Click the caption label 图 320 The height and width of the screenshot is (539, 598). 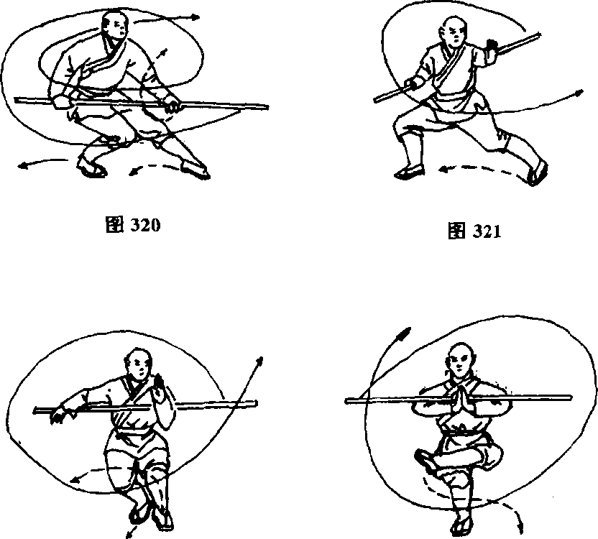pos(132,224)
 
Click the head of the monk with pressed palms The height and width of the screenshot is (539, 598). pos(458,359)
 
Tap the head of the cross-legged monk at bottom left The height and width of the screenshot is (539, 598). pos(139,364)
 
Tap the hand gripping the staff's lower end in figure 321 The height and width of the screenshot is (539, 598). pos(414,83)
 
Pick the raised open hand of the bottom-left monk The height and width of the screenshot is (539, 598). pos(160,382)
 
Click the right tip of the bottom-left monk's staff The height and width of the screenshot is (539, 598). pos(257,402)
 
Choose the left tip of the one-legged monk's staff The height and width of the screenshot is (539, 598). pos(348,400)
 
